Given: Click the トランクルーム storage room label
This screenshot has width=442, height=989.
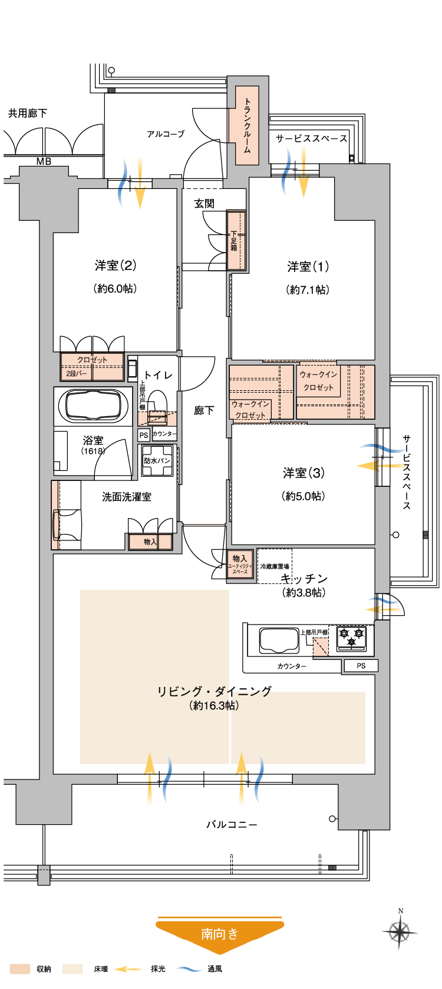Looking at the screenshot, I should click(248, 126).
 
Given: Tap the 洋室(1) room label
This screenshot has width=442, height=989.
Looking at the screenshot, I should click(308, 267).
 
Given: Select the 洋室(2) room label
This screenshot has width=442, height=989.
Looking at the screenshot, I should click(116, 265).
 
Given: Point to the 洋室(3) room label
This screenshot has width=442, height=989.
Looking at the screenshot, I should click(304, 473).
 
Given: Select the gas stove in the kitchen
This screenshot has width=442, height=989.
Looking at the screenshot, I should click(351, 637).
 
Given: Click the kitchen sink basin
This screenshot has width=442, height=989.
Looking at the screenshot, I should click(279, 640).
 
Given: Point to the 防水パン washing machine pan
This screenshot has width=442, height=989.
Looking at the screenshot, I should click(157, 461).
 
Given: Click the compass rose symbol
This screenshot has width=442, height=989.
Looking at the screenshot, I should click(400, 931).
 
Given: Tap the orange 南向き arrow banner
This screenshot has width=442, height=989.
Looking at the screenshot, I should click(220, 934).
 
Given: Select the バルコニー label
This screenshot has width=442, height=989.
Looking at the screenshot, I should click(232, 825).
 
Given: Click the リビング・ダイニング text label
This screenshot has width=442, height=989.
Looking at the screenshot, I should click(215, 691).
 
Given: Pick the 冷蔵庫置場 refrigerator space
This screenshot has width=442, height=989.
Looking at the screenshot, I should click(275, 566).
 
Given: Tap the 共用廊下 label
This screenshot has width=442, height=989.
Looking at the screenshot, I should click(27, 113).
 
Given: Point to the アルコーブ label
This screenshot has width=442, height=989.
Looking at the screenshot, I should click(166, 134).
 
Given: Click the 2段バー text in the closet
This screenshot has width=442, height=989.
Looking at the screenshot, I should click(76, 374).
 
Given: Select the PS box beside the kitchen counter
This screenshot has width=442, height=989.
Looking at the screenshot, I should click(361, 666).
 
